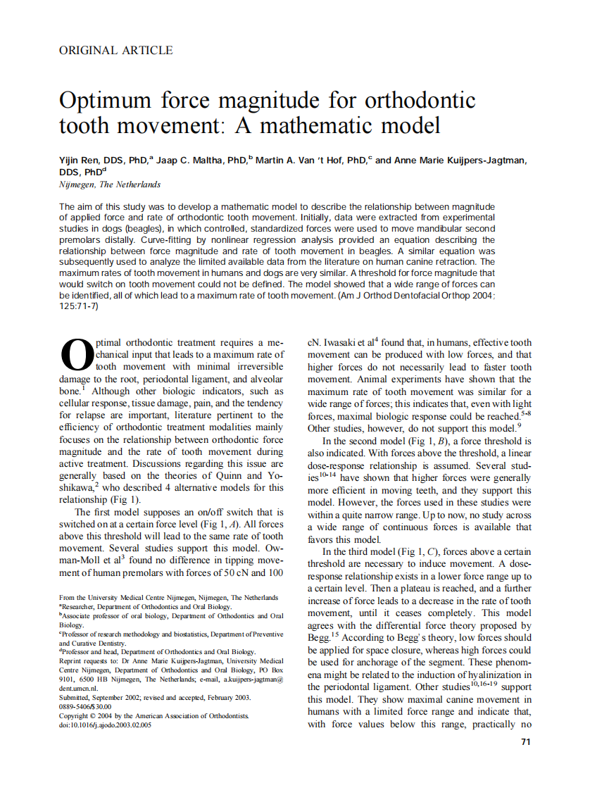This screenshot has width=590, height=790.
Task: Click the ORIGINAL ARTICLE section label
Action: [116, 50]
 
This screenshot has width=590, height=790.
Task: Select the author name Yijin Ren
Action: [79, 161]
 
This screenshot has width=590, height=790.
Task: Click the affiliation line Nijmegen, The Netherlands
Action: [110, 184]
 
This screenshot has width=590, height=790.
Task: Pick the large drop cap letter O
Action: [77, 355]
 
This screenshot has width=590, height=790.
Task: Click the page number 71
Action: [525, 741]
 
